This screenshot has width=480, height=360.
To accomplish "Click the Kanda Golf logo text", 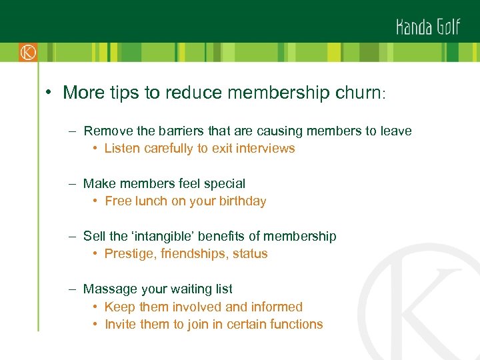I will tap(428, 27).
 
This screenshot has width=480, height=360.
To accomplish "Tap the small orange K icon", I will tap(28, 52).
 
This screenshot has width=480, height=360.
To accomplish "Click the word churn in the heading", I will tap(357, 93).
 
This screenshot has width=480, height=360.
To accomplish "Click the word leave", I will tap(396, 131).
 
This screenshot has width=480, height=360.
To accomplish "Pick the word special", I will tap(223, 183).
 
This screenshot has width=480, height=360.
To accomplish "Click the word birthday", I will tap(241, 201).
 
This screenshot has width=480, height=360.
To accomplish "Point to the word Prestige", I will tap(129, 254).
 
